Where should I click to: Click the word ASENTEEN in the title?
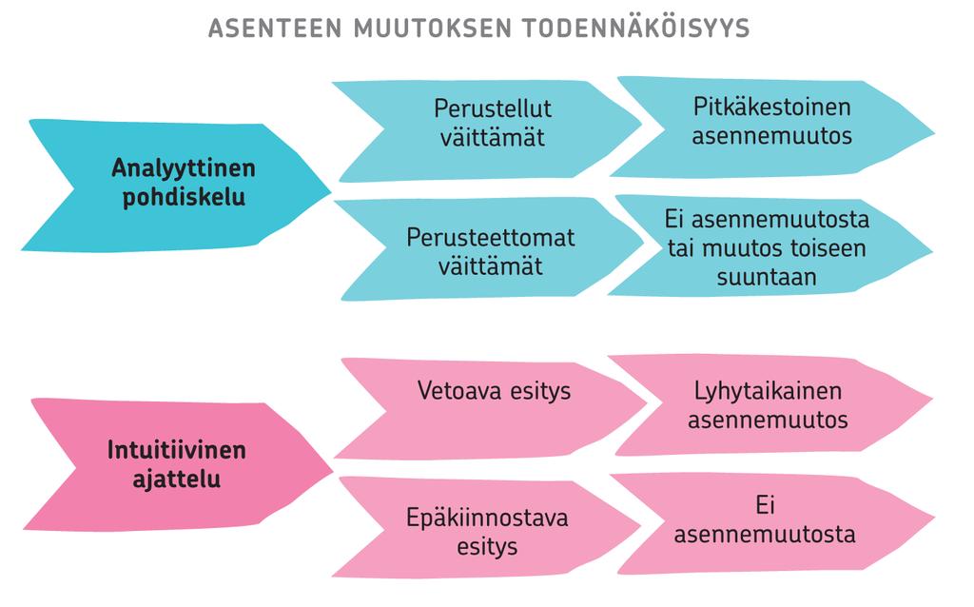[275, 28]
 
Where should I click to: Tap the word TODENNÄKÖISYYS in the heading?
[635, 28]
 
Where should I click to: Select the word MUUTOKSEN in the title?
[432, 28]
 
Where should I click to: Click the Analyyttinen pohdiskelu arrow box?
[176, 186]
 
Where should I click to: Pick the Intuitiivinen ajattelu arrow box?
[178, 464]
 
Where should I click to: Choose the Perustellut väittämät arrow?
[488, 130]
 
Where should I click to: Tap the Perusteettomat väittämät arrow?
[490, 249]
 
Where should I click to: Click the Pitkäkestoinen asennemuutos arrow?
[772, 127]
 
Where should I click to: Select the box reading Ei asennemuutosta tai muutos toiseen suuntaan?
[770, 246]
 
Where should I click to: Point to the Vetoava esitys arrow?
[491, 408]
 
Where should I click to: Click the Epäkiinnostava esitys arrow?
[486, 527]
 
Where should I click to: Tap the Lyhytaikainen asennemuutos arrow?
[770, 405]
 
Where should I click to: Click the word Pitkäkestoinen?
[772, 107]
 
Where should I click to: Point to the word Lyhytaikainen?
[768, 391]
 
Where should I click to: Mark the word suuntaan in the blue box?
[767, 277]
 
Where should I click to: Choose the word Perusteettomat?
[491, 237]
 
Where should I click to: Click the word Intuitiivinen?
[177, 450]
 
